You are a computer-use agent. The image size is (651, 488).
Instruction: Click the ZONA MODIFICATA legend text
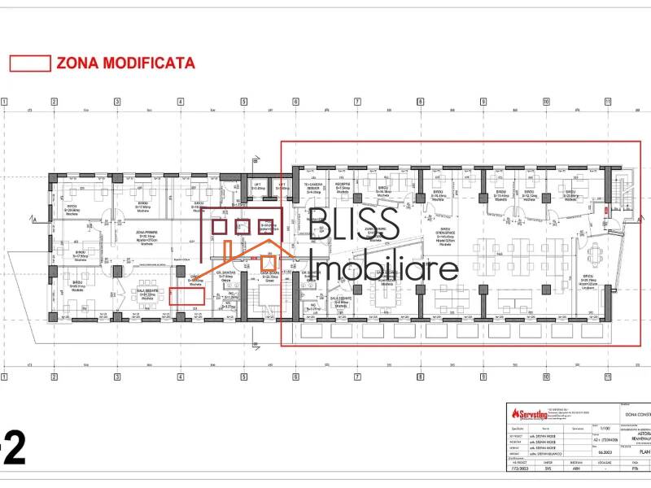pyautogui.click(x=125, y=63)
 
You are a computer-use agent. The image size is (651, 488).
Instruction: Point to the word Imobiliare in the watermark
pyautogui.click(x=385, y=268)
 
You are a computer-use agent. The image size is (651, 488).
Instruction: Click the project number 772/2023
pyautogui.click(x=518, y=468)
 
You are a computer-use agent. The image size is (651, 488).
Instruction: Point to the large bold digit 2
pyautogui.click(x=15, y=449)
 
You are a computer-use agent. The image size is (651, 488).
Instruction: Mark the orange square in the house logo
pyautogui.click(x=269, y=261)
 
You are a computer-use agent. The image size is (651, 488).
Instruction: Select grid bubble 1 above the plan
pyautogui.click(x=4, y=102)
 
